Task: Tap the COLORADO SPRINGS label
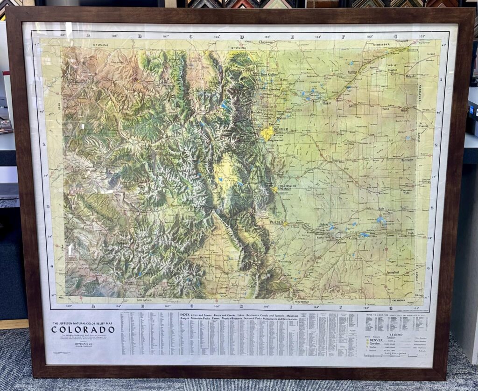click(x=287, y=188)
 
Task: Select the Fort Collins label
click(x=269, y=75)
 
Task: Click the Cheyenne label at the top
click(x=266, y=42)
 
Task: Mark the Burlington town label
click(x=408, y=160)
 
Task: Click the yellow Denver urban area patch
click(x=267, y=134)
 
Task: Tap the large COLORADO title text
click(x=83, y=329)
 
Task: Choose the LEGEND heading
click(x=396, y=335)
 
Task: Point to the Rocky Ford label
click(x=323, y=237)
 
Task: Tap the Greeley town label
click(x=274, y=89)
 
